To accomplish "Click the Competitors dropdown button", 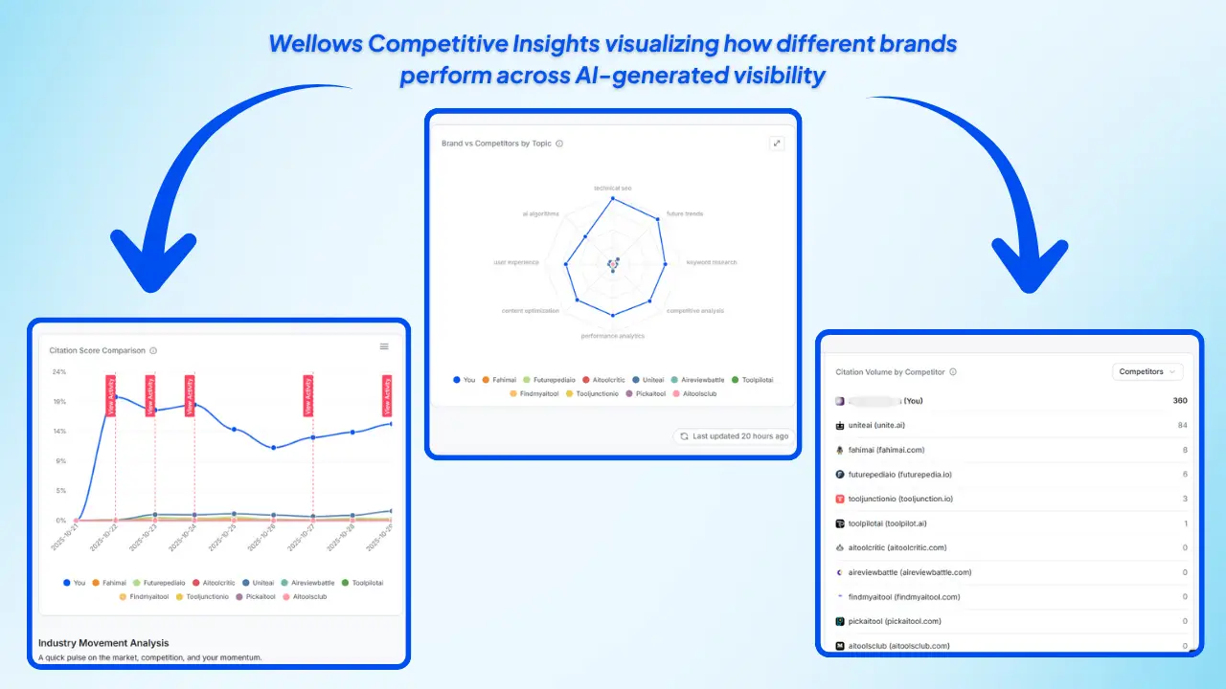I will (1147, 371).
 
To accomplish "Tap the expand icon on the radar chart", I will (777, 144).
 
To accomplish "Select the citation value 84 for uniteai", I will (1182, 425).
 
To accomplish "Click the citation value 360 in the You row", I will (1180, 401).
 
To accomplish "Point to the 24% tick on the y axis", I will (59, 371).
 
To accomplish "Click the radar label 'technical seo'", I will (612, 188).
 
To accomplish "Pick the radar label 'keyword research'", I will (712, 262).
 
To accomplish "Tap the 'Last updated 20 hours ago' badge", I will (734, 435).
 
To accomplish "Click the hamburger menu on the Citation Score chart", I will (384, 346).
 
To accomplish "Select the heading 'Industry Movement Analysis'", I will (103, 642).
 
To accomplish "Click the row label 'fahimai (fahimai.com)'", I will (872, 450).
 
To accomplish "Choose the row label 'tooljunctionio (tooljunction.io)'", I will (887, 499).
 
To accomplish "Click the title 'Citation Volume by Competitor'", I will (890, 372).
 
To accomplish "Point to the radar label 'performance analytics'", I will (612, 336).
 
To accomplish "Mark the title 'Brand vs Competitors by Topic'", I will (496, 144).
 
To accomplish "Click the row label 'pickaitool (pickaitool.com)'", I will (880, 621).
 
